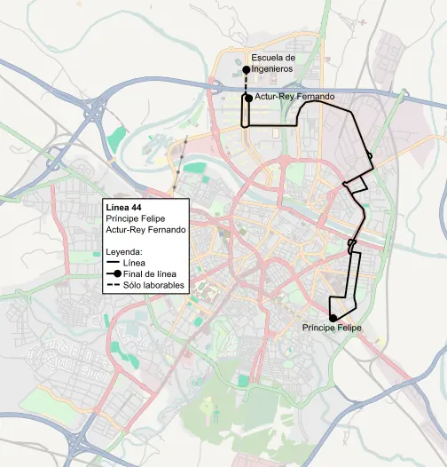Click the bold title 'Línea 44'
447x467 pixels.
pos(123,207)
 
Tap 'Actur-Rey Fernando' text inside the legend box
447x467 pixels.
pos(145,230)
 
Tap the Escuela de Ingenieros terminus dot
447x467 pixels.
pos(246,69)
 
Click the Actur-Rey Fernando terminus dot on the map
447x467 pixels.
pos(247,99)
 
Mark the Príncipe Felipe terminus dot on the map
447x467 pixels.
pos(333,318)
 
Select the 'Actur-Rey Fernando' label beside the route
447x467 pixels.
pos(294,96)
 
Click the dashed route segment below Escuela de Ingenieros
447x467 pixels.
pos(247,83)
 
